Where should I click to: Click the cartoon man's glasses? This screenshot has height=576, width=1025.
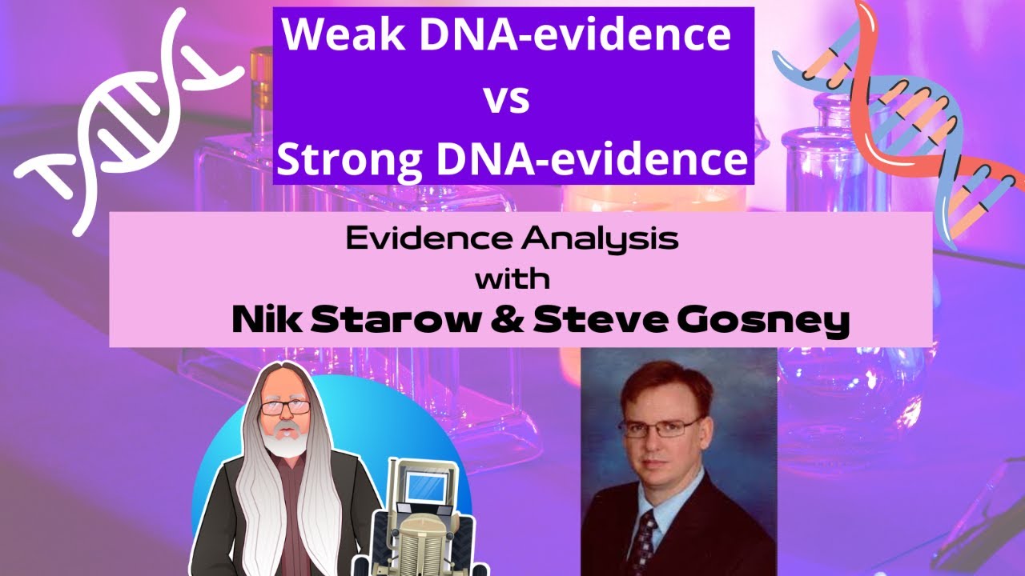[284, 407]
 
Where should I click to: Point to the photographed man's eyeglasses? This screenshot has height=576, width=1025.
[661, 427]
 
